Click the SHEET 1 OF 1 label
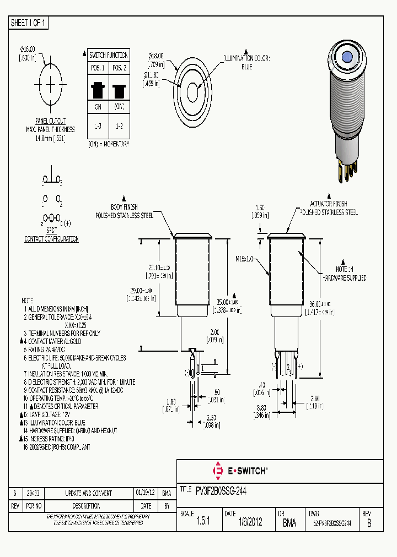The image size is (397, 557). click(x=29, y=23)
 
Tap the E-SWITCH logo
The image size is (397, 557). click(x=240, y=471)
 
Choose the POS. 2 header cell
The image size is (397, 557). click(x=119, y=68)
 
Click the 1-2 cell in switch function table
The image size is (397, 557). click(x=119, y=127)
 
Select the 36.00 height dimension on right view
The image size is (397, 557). click(x=320, y=304)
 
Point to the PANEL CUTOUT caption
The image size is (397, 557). click(x=50, y=121)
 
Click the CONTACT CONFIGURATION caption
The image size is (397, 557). click(x=51, y=239)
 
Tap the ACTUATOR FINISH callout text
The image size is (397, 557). click(x=329, y=204)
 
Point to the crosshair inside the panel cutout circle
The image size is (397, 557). click(x=51, y=85)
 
